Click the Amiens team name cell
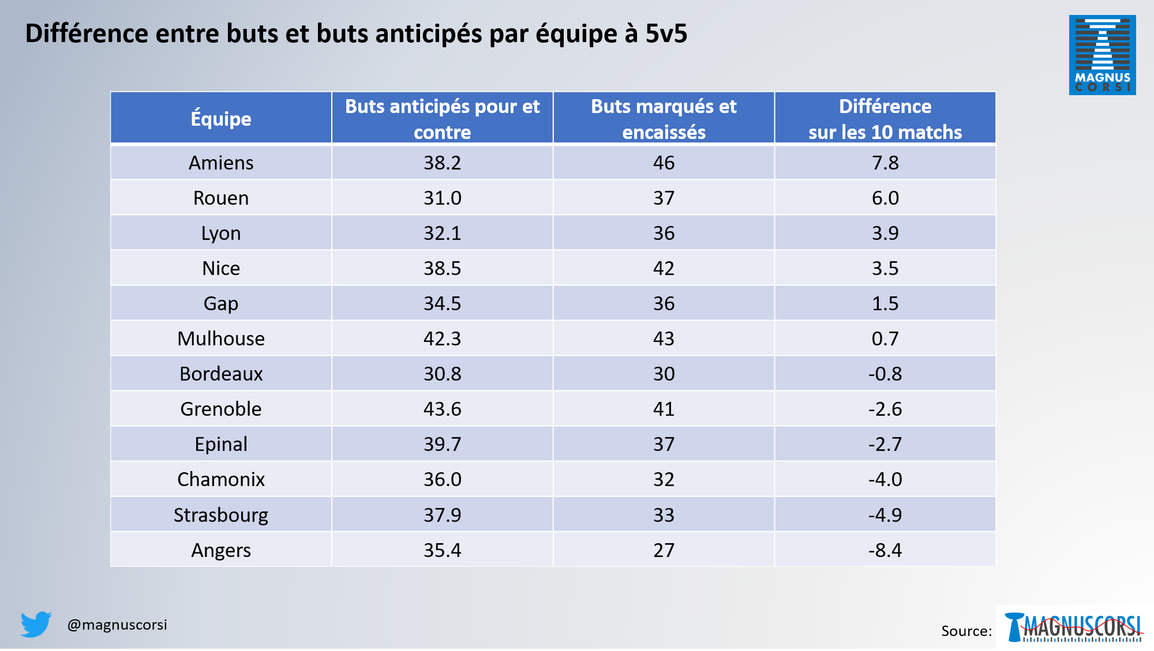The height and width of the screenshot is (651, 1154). [x=221, y=163]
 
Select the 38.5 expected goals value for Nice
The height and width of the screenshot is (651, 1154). [x=442, y=269]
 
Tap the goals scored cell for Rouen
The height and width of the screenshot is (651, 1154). [x=664, y=198]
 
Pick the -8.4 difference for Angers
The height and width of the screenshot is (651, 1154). [x=885, y=550]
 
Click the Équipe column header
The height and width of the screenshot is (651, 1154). [x=221, y=119]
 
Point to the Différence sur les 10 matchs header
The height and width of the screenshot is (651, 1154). [x=885, y=119]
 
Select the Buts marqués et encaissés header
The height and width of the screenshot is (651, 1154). [x=664, y=119]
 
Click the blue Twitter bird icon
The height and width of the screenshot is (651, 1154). [x=36, y=624]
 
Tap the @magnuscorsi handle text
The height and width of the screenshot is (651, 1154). [x=117, y=625]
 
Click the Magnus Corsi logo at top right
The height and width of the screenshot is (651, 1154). [x=1102, y=55]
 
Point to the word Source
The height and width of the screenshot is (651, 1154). [x=966, y=631]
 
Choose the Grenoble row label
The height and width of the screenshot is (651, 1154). [x=221, y=409]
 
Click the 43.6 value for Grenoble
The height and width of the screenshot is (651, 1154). [x=442, y=409]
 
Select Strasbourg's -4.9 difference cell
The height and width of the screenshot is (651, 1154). [x=885, y=515]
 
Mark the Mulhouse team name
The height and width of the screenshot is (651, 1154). [x=221, y=339]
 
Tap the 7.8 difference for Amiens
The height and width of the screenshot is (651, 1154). [x=885, y=163]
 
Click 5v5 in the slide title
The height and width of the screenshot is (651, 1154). [x=666, y=34]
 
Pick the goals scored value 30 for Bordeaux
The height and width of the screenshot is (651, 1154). [x=664, y=374]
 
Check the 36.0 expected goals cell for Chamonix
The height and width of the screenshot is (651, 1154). [x=442, y=480]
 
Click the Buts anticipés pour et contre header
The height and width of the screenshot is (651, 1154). [x=442, y=119]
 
